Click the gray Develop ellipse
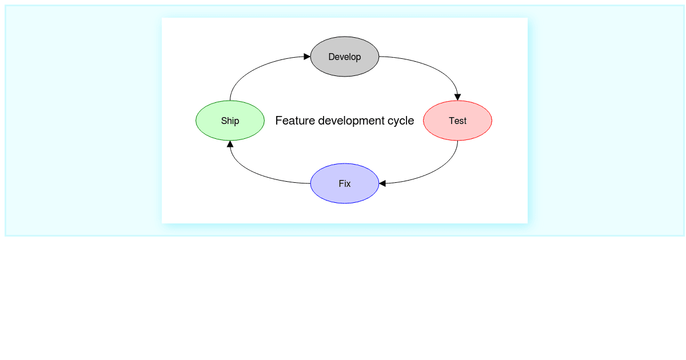click(345, 57)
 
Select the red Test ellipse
click(457, 121)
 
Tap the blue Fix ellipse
click(345, 183)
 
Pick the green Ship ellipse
click(230, 121)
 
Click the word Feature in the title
click(295, 121)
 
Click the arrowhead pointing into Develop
click(307, 57)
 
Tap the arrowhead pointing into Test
click(457, 97)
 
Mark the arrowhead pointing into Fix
click(382, 183)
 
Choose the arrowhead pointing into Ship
click(230, 144)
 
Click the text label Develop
click(345, 57)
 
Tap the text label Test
click(457, 121)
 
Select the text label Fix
click(345, 183)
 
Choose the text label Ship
click(230, 121)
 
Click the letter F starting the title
click(278, 121)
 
